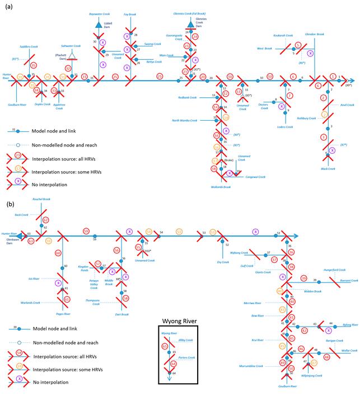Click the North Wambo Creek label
click(185, 120)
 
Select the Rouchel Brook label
click(42, 200)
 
